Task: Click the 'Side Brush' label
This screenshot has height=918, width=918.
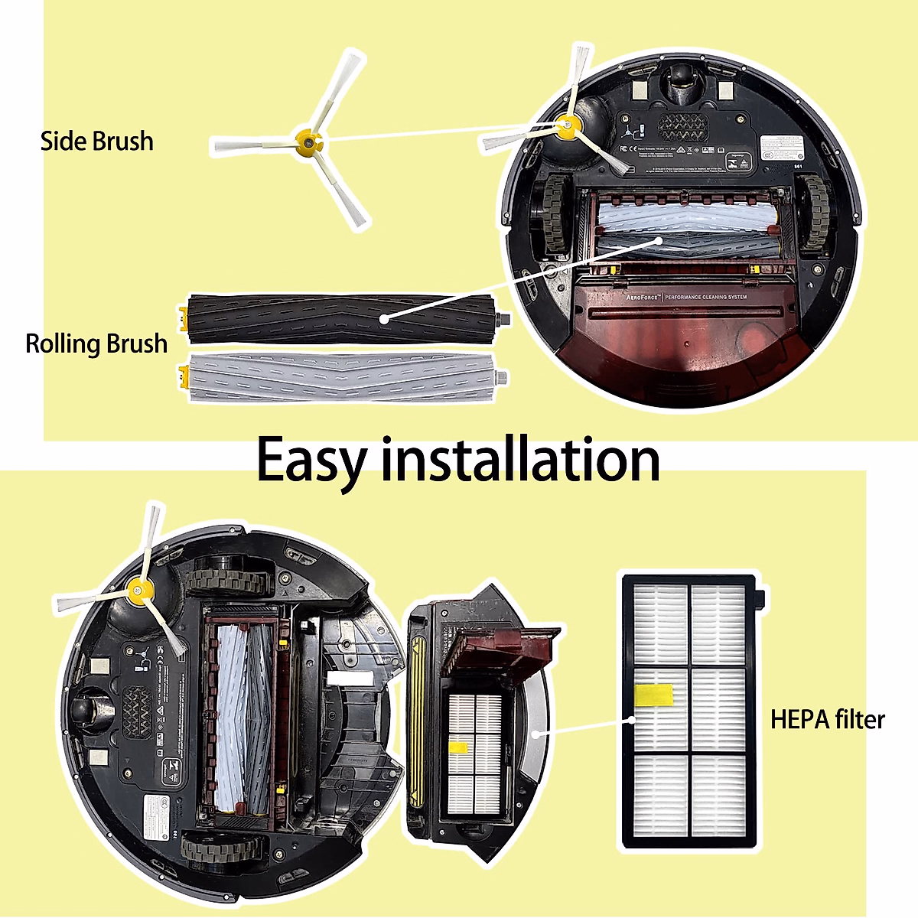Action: point(97,142)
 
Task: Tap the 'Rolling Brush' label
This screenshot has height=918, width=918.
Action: point(96,343)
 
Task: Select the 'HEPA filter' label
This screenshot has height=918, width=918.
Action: point(827,719)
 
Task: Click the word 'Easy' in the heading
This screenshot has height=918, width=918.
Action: point(311,461)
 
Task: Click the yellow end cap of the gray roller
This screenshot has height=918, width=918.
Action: point(183,376)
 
